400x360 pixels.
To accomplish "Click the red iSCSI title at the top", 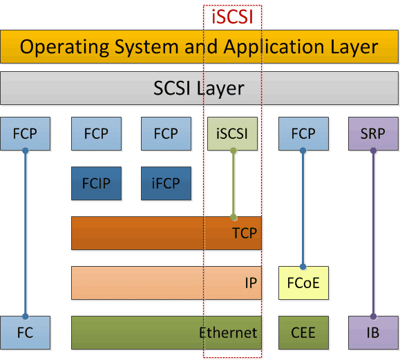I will (232, 16).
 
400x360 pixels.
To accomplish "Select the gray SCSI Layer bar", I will (199, 88).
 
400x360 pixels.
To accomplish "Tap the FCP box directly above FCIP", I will (96, 133).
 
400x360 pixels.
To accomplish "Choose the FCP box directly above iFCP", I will (166, 133).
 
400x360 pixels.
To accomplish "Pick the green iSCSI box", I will (232, 133).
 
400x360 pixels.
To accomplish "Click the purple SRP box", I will (373, 133).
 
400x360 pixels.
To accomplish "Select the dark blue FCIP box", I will (96, 184).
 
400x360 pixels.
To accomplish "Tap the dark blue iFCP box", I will (166, 184).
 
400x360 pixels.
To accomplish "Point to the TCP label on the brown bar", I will (245, 234).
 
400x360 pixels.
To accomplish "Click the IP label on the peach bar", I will (250, 283).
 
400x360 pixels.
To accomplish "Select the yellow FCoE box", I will (303, 283).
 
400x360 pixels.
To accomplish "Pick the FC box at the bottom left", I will (26, 332).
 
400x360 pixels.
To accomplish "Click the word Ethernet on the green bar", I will (228, 332).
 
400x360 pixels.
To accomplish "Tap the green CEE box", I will (303, 332).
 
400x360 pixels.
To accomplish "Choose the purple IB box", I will (373, 332).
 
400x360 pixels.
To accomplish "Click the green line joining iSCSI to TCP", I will (234, 183).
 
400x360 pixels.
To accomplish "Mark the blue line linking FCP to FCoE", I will (303, 208).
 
